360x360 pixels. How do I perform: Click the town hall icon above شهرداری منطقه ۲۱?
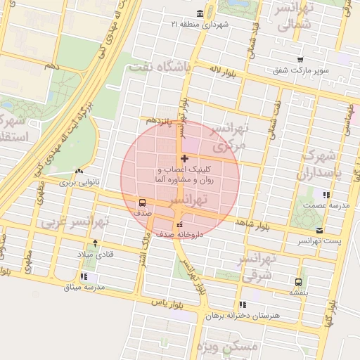[200, 13]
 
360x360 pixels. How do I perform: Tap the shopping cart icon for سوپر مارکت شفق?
[300, 60]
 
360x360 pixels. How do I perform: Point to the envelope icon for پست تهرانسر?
[321, 230]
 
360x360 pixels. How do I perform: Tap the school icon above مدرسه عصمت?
[325, 194]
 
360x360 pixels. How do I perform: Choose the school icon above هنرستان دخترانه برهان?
[243, 304]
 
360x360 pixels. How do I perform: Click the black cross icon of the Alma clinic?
[184, 158]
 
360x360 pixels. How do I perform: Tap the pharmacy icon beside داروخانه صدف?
[179, 224]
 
